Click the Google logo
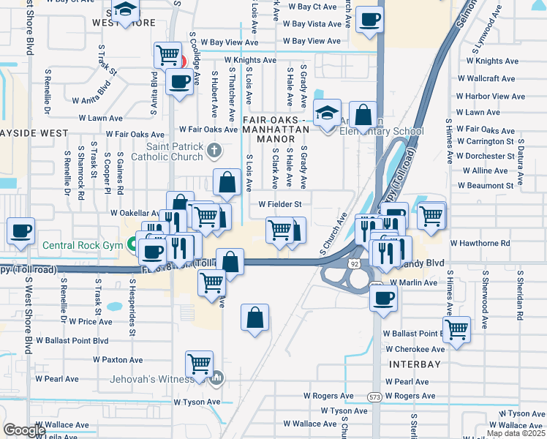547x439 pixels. point(24,430)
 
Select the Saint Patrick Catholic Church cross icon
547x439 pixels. point(214,151)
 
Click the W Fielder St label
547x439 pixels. point(280,205)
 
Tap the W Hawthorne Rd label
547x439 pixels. point(480,243)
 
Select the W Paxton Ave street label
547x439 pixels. point(118,360)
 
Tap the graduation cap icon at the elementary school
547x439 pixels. point(327,112)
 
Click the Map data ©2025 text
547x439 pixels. point(516,433)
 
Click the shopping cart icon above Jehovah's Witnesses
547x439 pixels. point(199,362)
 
